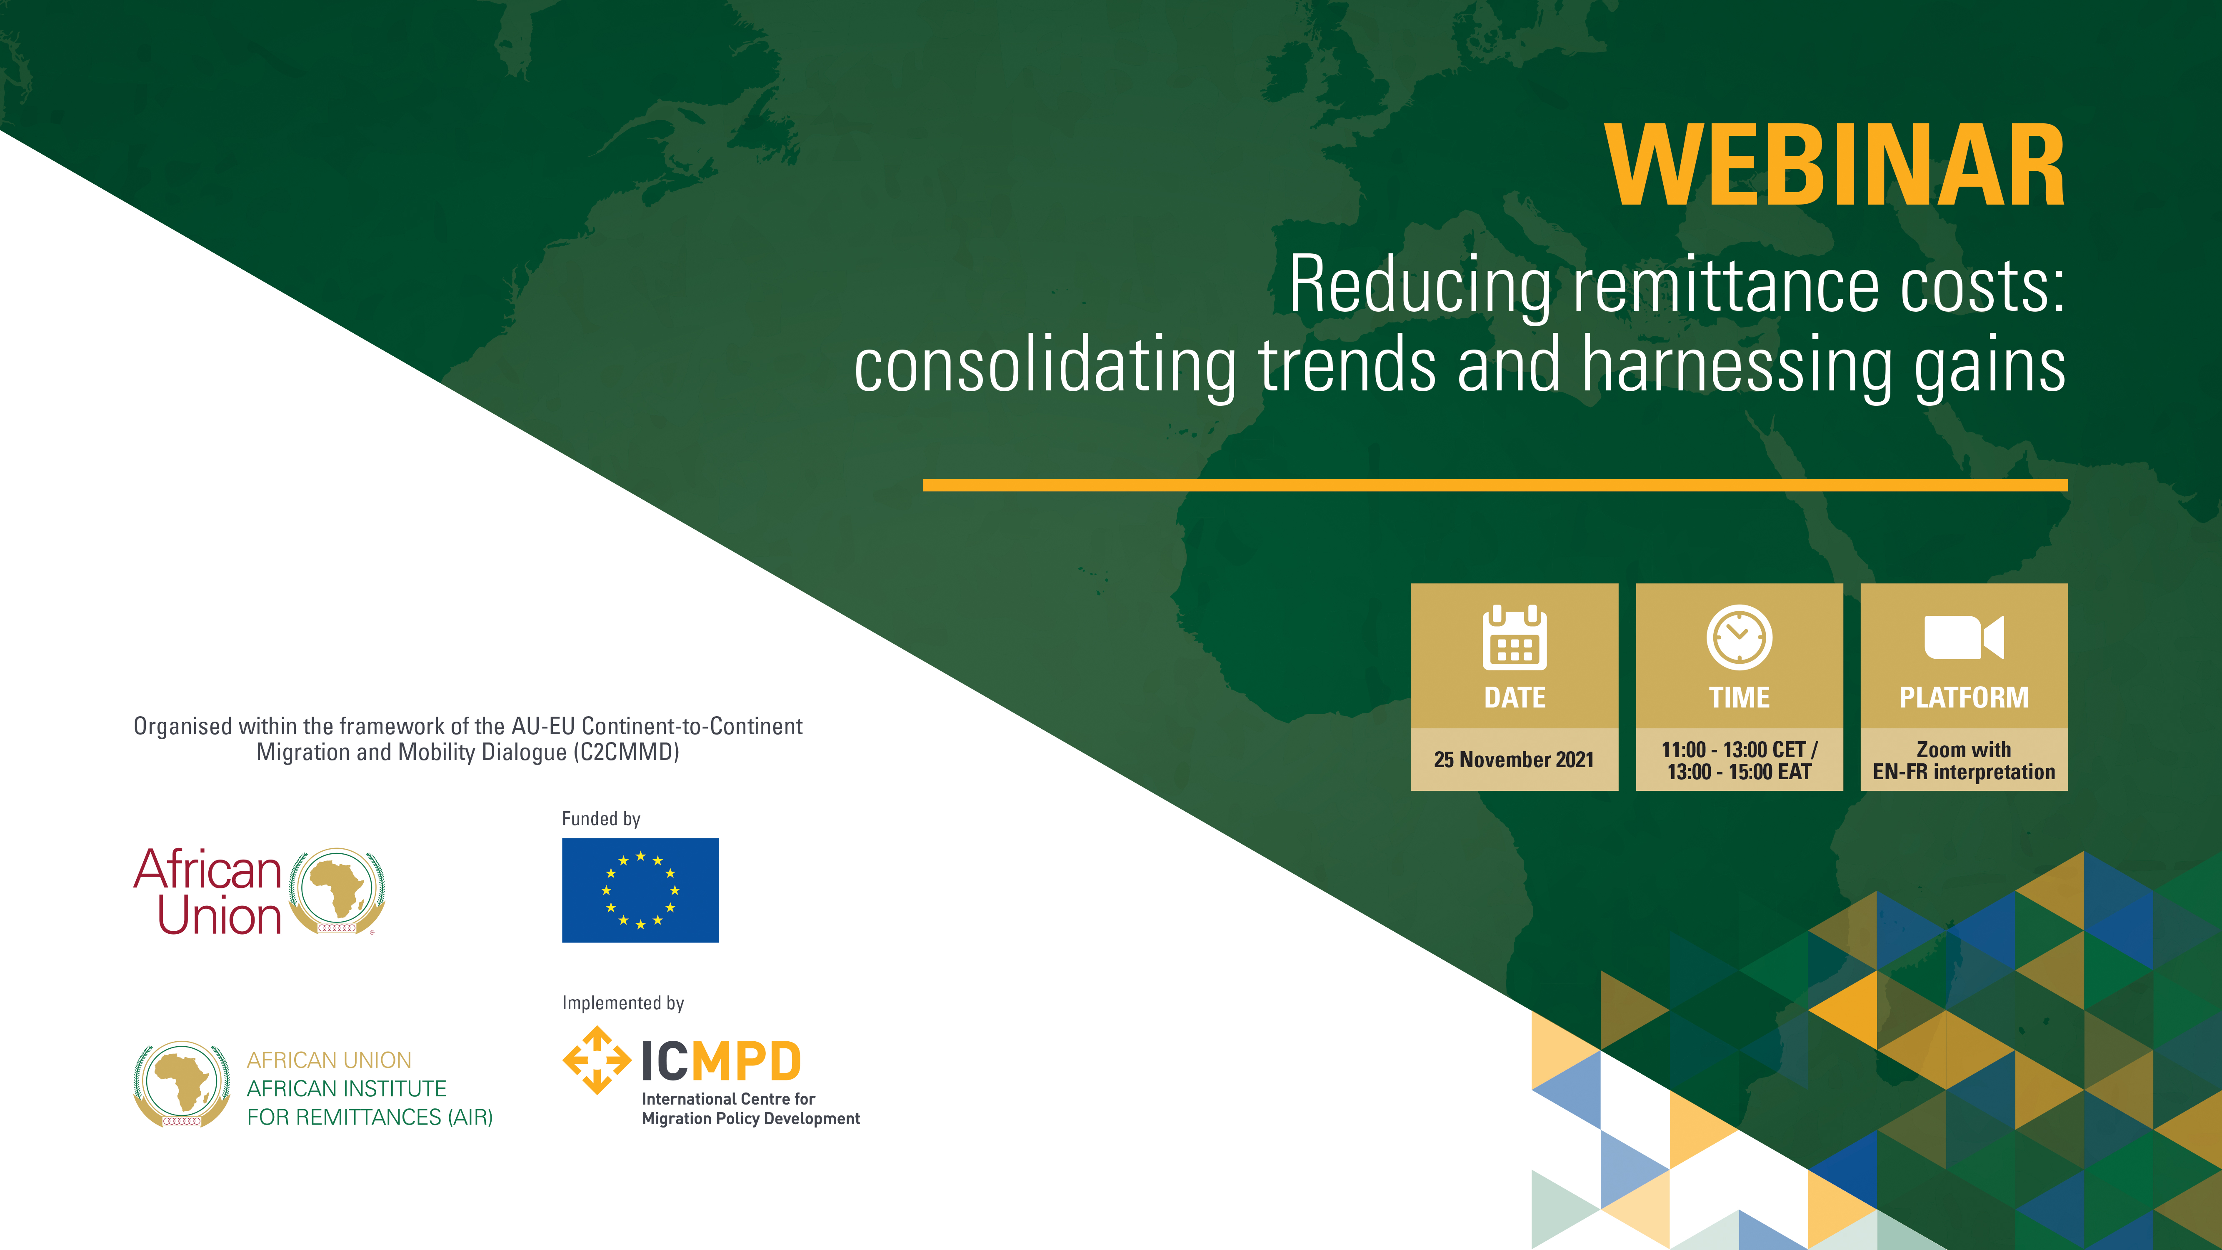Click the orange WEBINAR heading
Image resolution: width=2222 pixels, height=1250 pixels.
1835,166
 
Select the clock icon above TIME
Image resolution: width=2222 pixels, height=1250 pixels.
1739,637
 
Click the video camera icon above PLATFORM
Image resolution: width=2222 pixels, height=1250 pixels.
1964,637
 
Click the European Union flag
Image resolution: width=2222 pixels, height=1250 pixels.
640,890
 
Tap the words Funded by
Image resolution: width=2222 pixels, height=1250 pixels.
601,819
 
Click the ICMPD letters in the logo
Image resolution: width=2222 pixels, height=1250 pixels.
721,1061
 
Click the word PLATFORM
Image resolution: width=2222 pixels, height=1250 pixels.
1964,697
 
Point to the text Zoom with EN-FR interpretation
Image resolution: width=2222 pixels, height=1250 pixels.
1964,761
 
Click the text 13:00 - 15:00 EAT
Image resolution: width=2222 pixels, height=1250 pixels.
1739,772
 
